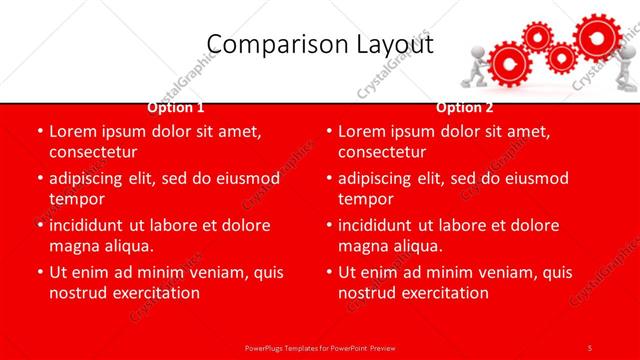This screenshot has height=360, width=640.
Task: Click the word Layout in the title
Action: [390, 45]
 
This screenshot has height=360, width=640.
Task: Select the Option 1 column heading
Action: [176, 107]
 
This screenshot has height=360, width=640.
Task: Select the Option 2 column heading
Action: [465, 107]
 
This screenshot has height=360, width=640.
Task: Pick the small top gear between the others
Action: [538, 38]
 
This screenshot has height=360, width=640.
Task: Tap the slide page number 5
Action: [590, 347]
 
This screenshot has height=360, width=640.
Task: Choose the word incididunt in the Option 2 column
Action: [383, 224]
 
